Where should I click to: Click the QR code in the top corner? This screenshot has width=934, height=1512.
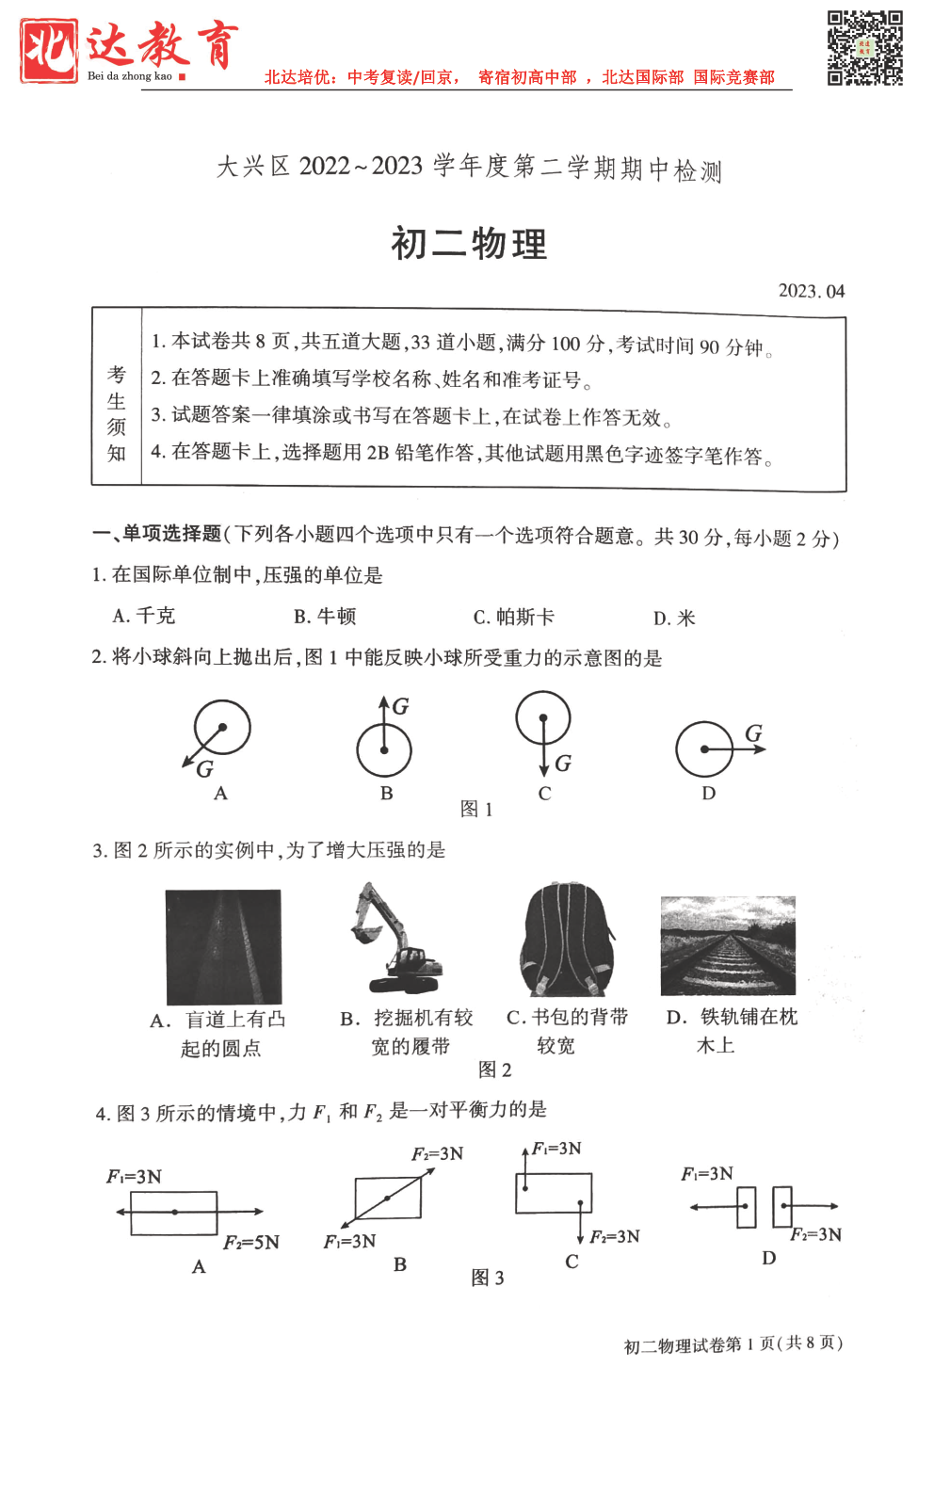pos(864,48)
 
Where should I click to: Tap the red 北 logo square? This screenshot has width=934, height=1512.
pos(49,51)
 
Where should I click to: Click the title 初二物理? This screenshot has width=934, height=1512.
pos(469,244)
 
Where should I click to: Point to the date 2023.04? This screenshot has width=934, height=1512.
pos(811,291)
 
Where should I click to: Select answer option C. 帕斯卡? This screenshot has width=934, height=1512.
pos(513,617)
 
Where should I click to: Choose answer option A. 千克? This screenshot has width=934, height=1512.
pos(143,616)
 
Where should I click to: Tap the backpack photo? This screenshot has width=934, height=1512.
pos(566,940)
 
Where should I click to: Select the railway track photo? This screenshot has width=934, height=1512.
pos(728,945)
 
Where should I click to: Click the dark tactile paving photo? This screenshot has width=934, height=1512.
pos(223,947)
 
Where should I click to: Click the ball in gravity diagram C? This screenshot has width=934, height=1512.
pos(543,717)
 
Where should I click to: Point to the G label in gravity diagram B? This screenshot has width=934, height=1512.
pos(400,706)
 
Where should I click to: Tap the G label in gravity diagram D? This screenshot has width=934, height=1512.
pos(753,732)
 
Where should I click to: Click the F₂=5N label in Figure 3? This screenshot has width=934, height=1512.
pos(251,1243)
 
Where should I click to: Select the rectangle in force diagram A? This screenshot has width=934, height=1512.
pos(174,1213)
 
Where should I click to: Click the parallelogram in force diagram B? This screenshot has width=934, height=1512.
pos(388,1198)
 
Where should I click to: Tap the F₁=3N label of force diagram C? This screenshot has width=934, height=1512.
pos(556,1149)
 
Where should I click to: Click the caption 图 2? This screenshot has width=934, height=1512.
pos(494,1070)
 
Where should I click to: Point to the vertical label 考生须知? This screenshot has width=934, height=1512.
pos(117,414)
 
